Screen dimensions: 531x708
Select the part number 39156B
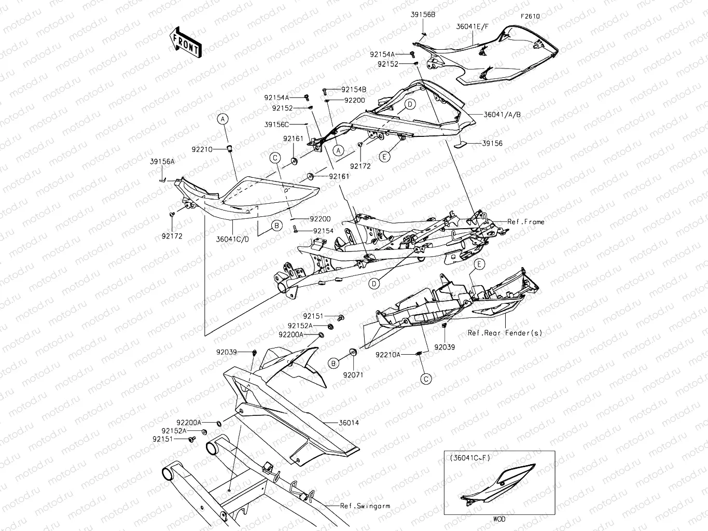click(423, 15)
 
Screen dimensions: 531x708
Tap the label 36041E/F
click(472, 25)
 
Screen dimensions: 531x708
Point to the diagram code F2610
click(530, 17)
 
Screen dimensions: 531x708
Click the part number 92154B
click(354, 90)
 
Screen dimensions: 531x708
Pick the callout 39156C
click(276, 124)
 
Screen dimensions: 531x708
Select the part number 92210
click(202, 149)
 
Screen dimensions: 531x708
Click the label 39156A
click(162, 162)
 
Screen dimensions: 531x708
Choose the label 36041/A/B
click(502, 115)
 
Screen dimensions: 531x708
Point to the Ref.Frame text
click(526, 222)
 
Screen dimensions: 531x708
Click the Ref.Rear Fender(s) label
click(505, 333)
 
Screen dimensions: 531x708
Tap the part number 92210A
click(388, 355)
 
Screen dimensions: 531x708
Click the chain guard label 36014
click(349, 423)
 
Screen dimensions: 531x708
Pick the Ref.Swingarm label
click(365, 506)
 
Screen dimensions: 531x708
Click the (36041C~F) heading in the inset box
click(470, 458)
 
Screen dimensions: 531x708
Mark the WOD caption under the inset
click(499, 519)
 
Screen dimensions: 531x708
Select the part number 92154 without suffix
click(323, 231)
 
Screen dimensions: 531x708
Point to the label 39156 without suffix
click(492, 144)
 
